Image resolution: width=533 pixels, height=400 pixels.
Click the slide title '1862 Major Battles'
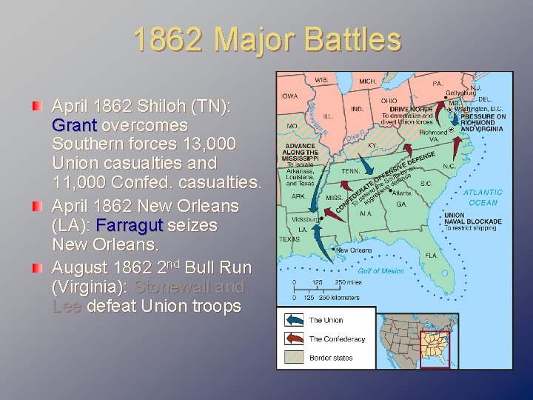(267, 40)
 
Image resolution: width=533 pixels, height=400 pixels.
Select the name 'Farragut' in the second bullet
(129, 224)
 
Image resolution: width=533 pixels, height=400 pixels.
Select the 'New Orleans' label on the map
(353, 250)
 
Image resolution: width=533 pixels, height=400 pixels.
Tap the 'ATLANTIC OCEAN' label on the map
(483, 197)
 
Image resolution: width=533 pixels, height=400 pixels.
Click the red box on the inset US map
(434, 348)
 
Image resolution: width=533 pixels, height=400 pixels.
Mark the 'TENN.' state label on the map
(350, 170)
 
